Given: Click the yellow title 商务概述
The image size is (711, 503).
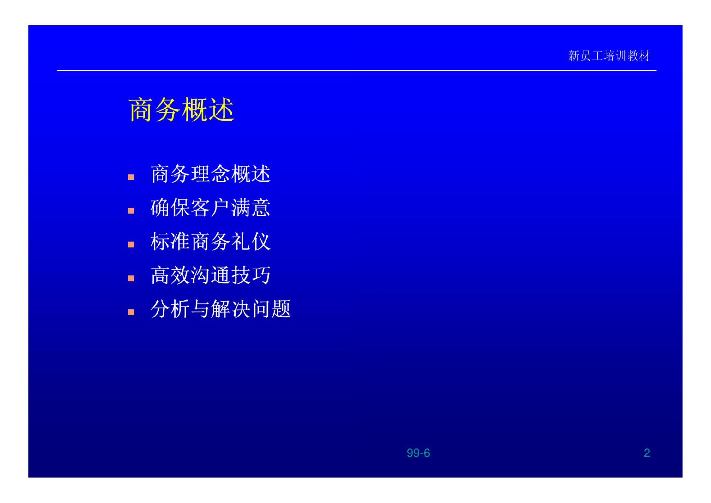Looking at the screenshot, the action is [182, 109].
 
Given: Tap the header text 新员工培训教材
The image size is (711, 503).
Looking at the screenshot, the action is [609, 56].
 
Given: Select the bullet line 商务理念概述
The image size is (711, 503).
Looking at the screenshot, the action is [210, 174].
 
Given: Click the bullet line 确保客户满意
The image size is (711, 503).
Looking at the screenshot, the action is [210, 208].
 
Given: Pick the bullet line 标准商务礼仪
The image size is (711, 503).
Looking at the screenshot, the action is [210, 241].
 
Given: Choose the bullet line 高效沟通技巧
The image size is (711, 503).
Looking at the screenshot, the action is [210, 275].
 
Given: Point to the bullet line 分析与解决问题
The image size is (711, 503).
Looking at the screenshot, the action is [220, 309].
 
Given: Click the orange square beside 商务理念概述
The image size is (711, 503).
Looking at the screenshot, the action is [131, 177].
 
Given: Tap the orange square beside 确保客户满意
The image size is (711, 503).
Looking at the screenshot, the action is [131, 211].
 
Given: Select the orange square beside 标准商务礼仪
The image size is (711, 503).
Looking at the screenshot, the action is [131, 245].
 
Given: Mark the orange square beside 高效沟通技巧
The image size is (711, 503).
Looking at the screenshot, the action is [131, 278].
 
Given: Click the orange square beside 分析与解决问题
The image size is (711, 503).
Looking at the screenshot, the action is [131, 312].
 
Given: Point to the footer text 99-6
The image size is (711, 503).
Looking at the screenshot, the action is [418, 453].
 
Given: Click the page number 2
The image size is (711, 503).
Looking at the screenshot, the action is [647, 453].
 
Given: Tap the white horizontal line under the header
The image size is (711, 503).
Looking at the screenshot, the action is [356, 70].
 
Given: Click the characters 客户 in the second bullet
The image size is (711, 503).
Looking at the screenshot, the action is [210, 208].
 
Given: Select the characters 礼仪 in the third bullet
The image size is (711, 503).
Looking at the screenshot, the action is [251, 241].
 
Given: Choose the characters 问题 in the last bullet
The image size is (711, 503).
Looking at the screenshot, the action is [271, 309].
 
